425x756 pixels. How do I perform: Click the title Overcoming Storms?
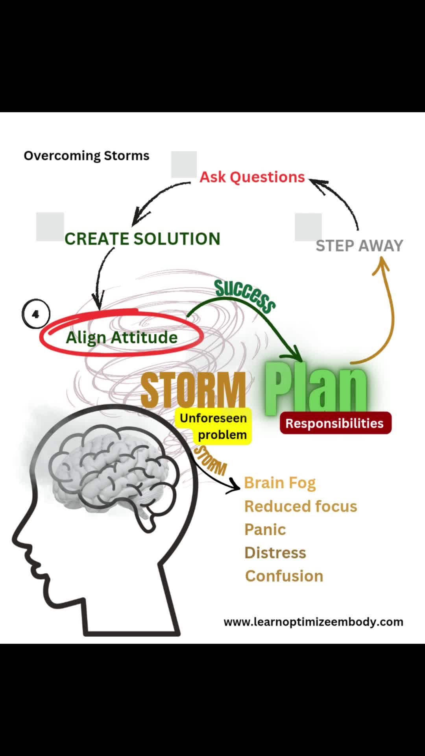(87, 156)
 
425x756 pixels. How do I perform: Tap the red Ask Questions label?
(252, 177)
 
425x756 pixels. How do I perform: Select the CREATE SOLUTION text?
(142, 239)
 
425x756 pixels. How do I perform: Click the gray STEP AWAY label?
(359, 246)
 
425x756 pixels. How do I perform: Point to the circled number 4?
(36, 314)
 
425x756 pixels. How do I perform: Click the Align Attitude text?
(122, 337)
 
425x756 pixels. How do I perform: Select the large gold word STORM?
(193, 390)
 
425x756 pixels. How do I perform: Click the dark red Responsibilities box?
(335, 423)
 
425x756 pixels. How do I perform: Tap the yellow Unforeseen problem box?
(214, 426)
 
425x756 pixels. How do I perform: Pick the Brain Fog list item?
(280, 483)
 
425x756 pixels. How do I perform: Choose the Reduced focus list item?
(301, 506)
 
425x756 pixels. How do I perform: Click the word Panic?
(265, 530)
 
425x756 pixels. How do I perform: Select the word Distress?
(275, 553)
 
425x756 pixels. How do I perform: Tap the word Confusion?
(284, 576)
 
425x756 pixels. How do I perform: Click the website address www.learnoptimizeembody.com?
(313, 622)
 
